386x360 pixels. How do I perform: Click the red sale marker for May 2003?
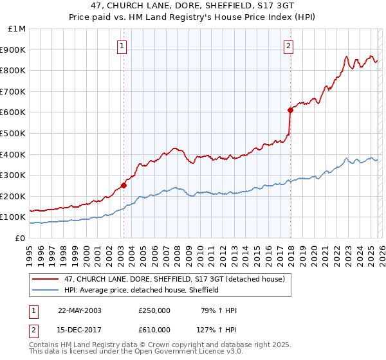tap(124, 185)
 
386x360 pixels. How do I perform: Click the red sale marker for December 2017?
tap(290, 110)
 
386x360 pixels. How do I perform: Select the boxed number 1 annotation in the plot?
tap(122, 45)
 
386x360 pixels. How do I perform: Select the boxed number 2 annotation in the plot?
tap(289, 45)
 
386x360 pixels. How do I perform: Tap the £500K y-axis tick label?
tap(14, 133)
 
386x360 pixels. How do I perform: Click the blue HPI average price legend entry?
tap(142, 290)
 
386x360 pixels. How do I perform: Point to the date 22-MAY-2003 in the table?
tap(80, 310)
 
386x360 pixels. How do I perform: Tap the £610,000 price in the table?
tap(154, 330)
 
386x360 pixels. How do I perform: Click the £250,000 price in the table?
tap(154, 310)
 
